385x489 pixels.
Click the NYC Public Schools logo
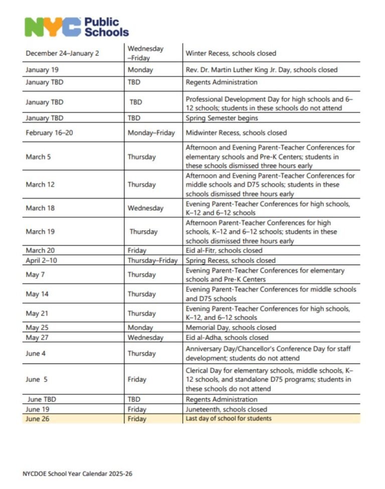[77, 27]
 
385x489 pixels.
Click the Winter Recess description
[231, 53]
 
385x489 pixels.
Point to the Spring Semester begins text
[222, 118]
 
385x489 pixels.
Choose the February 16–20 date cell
[49, 133]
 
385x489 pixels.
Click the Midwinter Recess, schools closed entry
[236, 133]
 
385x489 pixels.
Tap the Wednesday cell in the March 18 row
[145, 208]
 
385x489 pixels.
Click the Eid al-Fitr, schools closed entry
[224, 250]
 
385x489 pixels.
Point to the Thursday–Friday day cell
[152, 260]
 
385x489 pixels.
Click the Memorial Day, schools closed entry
[231, 327]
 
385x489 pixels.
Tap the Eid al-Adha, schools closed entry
[227, 337]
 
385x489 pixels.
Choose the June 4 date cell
[36, 353]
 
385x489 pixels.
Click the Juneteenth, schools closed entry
[226, 409]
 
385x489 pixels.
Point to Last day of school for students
[228, 418]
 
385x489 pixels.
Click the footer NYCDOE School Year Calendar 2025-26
[77, 473]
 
